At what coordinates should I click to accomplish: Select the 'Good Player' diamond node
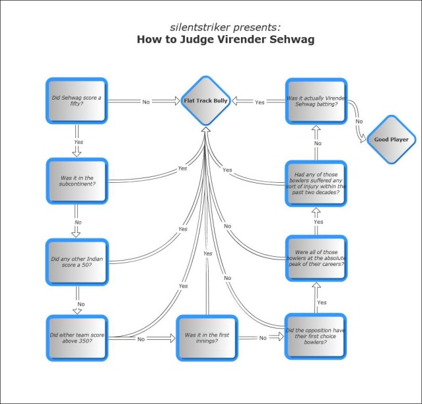(x=390, y=139)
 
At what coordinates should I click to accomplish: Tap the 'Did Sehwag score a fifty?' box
(x=77, y=101)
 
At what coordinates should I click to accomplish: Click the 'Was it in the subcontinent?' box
(x=77, y=181)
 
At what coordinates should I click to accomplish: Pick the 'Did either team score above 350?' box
(x=77, y=337)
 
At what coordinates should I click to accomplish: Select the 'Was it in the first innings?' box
(x=207, y=337)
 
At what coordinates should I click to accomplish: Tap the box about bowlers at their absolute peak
(x=315, y=258)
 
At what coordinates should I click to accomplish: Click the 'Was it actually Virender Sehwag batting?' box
(x=315, y=101)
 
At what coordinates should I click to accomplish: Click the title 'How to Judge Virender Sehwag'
(x=225, y=39)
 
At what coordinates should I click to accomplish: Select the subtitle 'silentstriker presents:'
(x=225, y=27)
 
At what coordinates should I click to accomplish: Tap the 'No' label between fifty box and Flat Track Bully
(x=146, y=102)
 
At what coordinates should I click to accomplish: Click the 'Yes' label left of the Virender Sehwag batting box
(x=260, y=102)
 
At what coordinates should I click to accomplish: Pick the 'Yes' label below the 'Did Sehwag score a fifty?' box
(x=78, y=143)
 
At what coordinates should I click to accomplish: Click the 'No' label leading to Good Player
(x=359, y=121)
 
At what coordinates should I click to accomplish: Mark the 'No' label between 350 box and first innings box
(x=141, y=339)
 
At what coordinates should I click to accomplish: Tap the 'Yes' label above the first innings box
(x=207, y=253)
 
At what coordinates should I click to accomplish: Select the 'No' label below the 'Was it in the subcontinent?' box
(x=78, y=222)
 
